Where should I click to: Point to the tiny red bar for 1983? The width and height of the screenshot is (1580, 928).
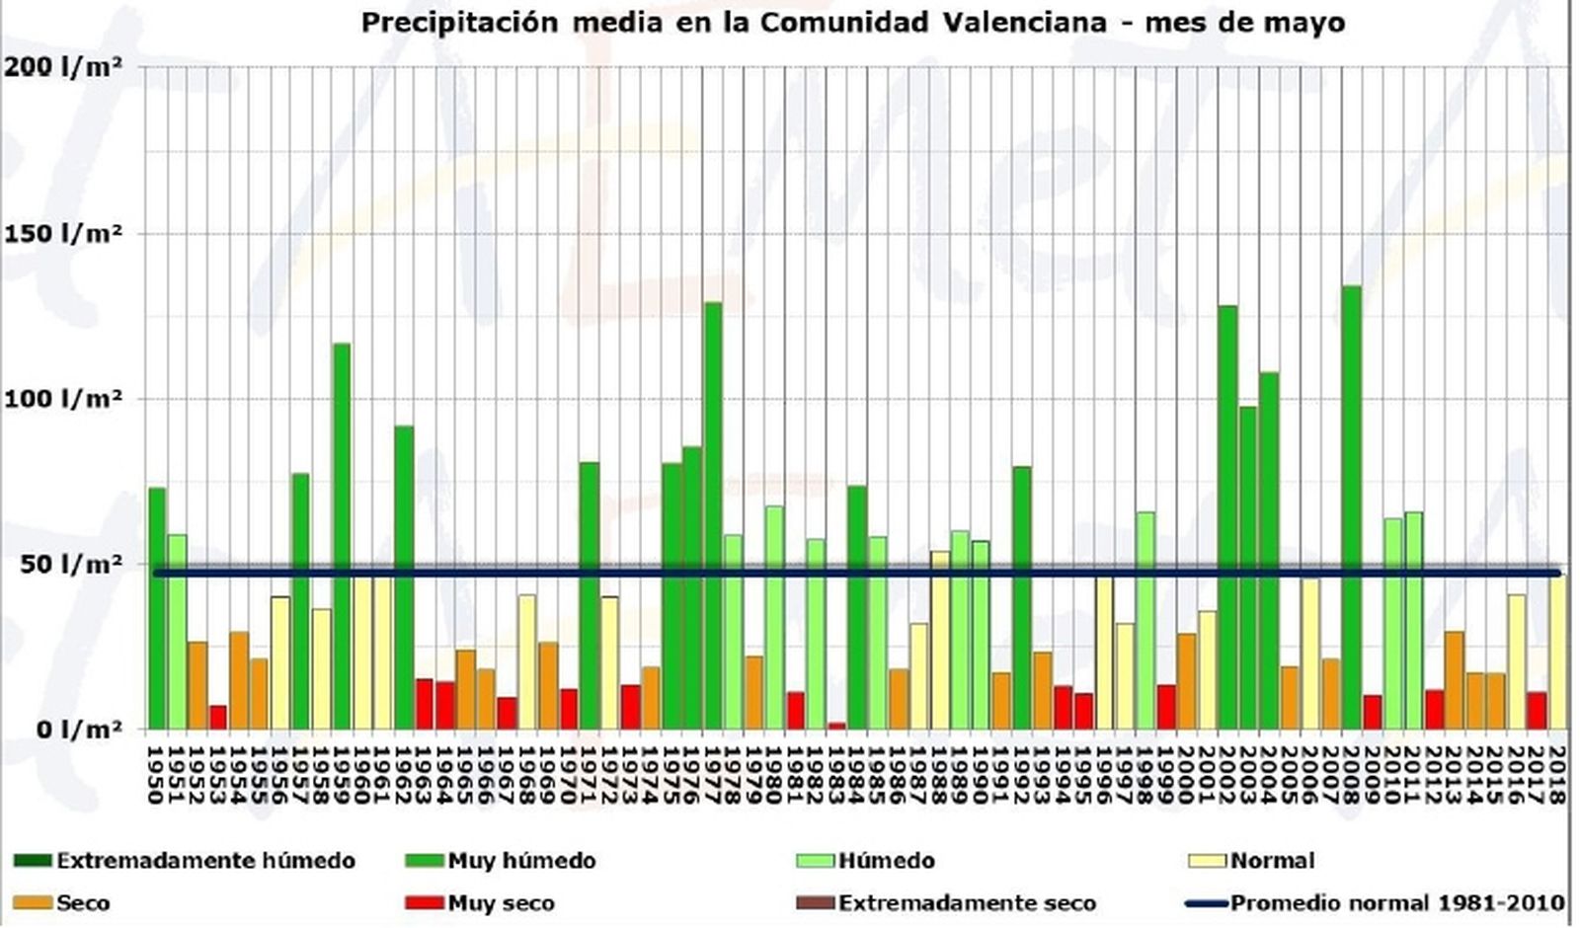coord(836,726)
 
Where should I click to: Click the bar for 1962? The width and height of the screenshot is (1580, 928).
coord(404,578)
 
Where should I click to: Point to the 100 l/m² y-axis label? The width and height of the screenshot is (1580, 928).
coord(63,399)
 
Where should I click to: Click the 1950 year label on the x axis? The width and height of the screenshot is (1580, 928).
coord(155,775)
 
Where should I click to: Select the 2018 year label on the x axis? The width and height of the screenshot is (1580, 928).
coord(1557,775)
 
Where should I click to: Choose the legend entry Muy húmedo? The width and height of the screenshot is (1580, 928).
coord(521,861)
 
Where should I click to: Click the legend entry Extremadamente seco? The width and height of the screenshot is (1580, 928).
coord(967,903)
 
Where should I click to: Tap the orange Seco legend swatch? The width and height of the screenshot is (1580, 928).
coord(33,903)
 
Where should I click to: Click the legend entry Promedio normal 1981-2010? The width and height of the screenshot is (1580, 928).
coord(1396,903)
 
